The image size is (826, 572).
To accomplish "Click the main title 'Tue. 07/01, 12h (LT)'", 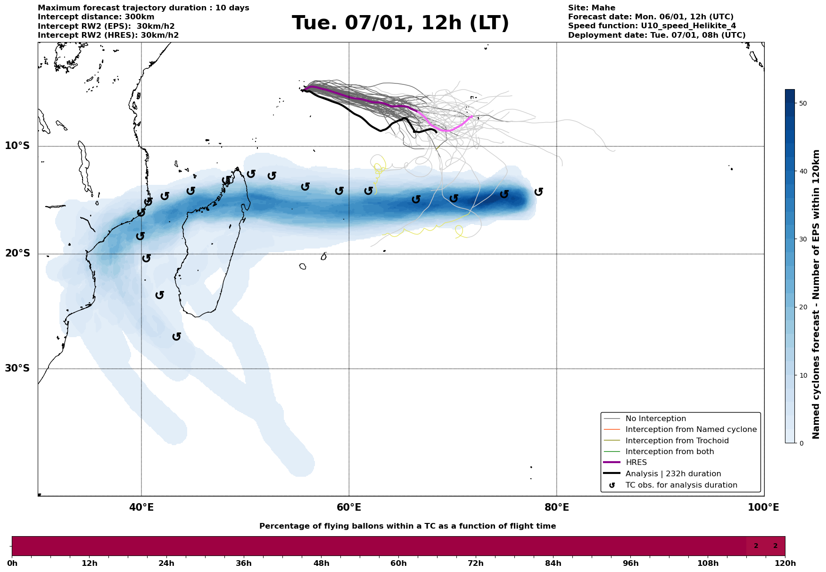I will (x=400, y=23).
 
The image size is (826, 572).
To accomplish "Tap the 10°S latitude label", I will (x=17, y=146).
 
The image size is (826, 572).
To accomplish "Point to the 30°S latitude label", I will (x=17, y=368).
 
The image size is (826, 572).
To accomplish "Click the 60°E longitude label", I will (x=349, y=507).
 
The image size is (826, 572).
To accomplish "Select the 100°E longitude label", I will (x=763, y=507).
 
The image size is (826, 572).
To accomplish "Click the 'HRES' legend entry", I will (x=636, y=463).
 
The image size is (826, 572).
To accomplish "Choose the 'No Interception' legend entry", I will (x=655, y=419).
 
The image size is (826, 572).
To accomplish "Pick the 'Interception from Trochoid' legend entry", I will (x=677, y=441).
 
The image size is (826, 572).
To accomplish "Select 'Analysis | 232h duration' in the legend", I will (x=673, y=474).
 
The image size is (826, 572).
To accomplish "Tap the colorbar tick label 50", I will (x=803, y=103).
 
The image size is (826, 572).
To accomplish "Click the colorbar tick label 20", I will (x=803, y=307).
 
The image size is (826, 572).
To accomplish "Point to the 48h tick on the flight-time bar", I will (x=321, y=563).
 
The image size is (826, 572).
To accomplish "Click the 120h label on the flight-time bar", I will (x=785, y=563).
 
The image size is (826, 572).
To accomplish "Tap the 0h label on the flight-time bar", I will (x=12, y=563).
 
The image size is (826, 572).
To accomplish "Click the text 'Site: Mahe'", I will (x=591, y=8).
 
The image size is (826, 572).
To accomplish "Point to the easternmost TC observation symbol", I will (x=539, y=191).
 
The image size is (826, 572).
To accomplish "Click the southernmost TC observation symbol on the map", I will (x=177, y=336).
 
